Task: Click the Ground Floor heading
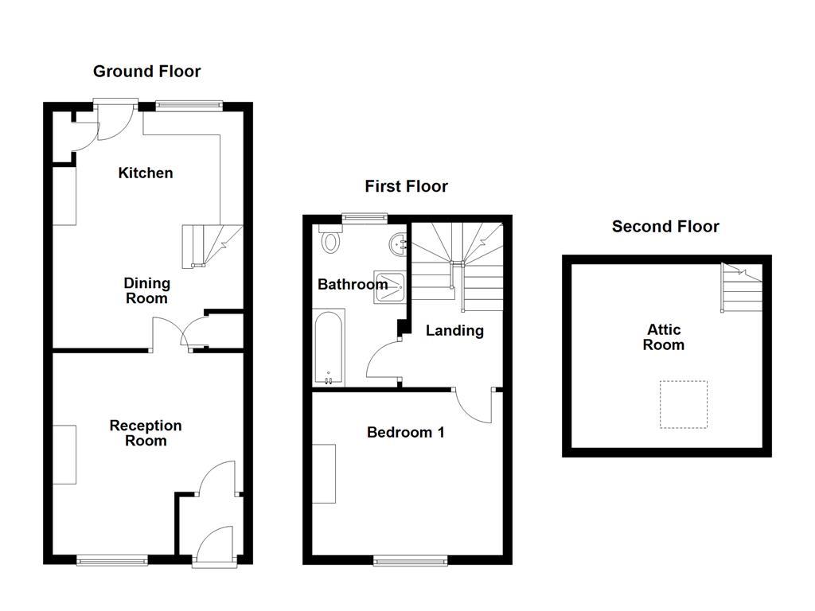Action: pos(146,72)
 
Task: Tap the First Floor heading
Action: pos(406,186)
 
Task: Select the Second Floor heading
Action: pos(665,227)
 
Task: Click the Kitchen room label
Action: pos(146,173)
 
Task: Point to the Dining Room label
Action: pos(146,290)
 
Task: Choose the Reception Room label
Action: pos(146,433)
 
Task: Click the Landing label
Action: pos(454,330)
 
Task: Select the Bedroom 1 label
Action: pos(405,433)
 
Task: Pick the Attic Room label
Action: pos(664,337)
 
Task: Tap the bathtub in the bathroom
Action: pos(330,349)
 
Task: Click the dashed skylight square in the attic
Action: pos(684,405)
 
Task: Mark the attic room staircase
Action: pos(741,288)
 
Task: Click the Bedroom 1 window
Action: pos(410,561)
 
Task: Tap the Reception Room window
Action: pos(112,561)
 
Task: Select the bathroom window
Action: pos(365,216)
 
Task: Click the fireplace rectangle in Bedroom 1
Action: pos(324,474)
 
